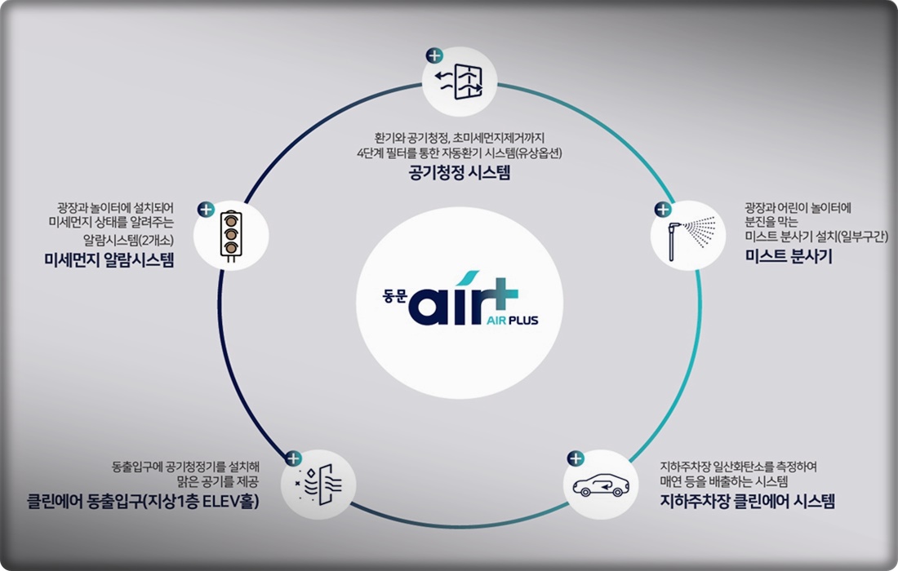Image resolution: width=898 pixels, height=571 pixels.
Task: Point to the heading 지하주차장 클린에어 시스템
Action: (747, 502)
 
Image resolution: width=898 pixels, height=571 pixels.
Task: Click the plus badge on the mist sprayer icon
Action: (662, 209)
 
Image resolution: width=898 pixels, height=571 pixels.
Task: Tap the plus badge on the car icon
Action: (576, 459)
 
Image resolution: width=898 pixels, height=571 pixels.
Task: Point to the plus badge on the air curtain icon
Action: (293, 458)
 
